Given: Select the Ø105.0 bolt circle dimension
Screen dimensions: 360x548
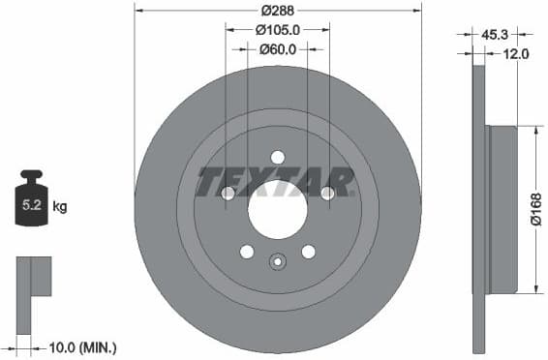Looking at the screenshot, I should click(278, 30).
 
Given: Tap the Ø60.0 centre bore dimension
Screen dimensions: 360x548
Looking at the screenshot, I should click(278, 49).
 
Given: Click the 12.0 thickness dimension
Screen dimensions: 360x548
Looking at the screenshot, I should click(516, 54).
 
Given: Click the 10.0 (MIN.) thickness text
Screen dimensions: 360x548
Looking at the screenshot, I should click(83, 345).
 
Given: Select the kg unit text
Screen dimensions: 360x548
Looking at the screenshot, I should click(60, 206).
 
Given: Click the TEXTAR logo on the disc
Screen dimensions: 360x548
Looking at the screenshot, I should click(276, 181).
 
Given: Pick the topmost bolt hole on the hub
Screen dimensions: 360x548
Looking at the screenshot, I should click(278, 158).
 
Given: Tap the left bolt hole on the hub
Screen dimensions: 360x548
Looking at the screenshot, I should click(228, 194).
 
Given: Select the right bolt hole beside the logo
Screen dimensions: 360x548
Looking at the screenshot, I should click(327, 194).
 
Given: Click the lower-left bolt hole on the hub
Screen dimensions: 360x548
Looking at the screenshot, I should click(247, 252).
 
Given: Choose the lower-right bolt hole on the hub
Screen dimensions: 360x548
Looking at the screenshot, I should click(308, 252).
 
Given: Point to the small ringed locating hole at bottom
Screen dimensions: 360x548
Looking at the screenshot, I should click(278, 260).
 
